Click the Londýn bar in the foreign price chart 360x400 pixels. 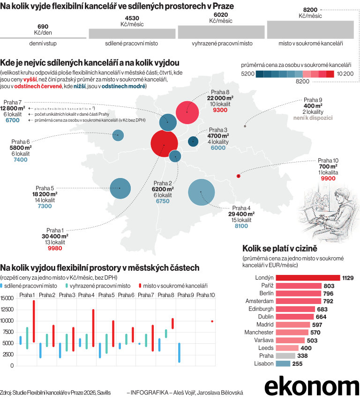tap(307, 278)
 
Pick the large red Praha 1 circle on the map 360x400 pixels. tap(164, 145)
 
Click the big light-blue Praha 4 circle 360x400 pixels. tap(201, 193)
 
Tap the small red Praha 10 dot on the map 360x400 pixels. tap(239, 176)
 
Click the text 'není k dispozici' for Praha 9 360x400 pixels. tap(313, 119)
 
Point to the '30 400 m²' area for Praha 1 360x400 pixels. tap(55, 236)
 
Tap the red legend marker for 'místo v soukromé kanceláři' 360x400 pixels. tap(139, 285)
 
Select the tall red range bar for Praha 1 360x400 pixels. tap(34, 328)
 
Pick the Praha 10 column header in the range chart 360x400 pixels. tap(205, 295)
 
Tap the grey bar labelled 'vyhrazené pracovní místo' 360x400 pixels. tap(222, 32)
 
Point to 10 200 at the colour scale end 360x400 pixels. tap(345, 74)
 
